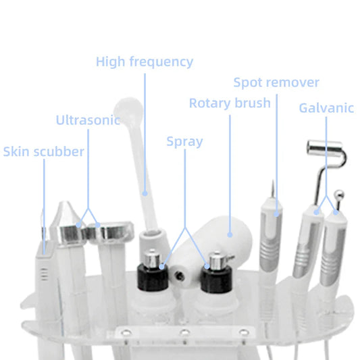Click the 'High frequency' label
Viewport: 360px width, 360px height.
pyautogui.click(x=145, y=61)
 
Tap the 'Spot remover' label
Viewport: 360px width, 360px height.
pyautogui.click(x=276, y=82)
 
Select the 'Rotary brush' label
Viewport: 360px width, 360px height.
pyautogui.click(x=230, y=103)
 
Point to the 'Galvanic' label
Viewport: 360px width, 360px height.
pyautogui.click(x=326, y=108)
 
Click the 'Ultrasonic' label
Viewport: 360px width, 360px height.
pyautogui.click(x=88, y=120)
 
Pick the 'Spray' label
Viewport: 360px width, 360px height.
pyautogui.click(x=184, y=141)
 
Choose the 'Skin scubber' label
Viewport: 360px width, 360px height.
pyautogui.click(x=44, y=151)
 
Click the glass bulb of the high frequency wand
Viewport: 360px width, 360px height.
pyautogui.click(x=128, y=109)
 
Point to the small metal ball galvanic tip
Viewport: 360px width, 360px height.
pyautogui.click(x=339, y=195)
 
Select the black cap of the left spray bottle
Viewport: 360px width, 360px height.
pyautogui.click(x=153, y=278)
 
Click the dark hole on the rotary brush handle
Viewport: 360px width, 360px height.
pyautogui.click(x=179, y=276)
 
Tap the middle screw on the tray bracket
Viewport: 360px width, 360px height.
pyautogui.click(x=185, y=332)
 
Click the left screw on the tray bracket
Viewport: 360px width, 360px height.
pyautogui.click(x=126, y=332)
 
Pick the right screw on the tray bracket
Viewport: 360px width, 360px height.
pyautogui.click(x=244, y=332)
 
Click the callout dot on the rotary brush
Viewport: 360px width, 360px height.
pyautogui.click(x=230, y=234)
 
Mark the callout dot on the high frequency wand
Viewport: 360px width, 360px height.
pyautogui.click(x=145, y=194)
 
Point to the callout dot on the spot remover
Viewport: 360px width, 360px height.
pyautogui.click(x=276, y=214)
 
